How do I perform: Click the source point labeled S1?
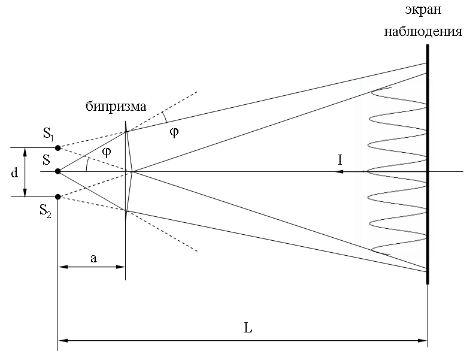tap(57, 147)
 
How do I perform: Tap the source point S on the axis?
tap(57, 171)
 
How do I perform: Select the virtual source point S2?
tap(57, 196)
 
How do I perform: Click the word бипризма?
tap(116, 107)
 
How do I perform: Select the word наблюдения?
tap(423, 31)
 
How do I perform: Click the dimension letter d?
tap(14, 173)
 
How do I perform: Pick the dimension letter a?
tap(93, 258)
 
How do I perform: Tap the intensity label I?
tap(340, 160)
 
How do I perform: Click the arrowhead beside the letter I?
tap(339, 172)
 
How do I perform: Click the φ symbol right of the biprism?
tap(174, 132)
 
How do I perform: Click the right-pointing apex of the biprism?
tap(133, 172)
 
